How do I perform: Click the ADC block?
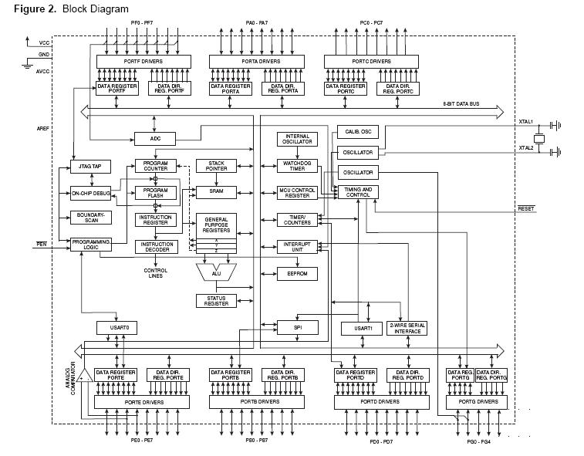click(x=155, y=139)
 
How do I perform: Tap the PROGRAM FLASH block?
click(x=155, y=193)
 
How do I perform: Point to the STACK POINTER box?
click(x=217, y=166)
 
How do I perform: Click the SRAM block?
click(x=217, y=191)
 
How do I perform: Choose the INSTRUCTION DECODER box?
click(x=155, y=247)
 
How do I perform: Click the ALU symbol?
click(x=216, y=272)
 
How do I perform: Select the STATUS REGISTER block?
click(x=217, y=301)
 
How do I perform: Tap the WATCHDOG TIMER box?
click(x=298, y=166)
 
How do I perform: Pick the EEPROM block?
click(x=298, y=274)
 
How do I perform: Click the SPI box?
click(x=298, y=327)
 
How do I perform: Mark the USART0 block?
click(x=117, y=328)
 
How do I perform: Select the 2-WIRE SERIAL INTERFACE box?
click(x=407, y=328)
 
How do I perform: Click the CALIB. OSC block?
click(x=358, y=131)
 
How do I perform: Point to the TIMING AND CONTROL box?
click(x=358, y=192)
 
